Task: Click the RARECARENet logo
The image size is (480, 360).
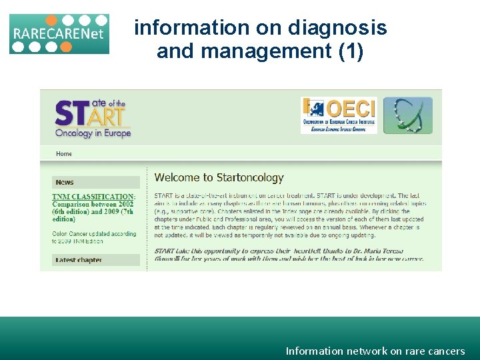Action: (59, 33)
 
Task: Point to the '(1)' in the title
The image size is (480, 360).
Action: (351, 51)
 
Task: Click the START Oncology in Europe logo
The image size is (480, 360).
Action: (93, 119)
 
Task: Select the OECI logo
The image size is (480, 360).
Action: (339, 115)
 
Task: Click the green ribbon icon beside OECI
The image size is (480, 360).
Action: (407, 115)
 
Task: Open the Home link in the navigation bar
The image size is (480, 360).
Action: (64, 154)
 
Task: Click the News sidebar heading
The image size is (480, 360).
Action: (65, 182)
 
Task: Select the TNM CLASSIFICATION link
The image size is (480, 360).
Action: (93, 197)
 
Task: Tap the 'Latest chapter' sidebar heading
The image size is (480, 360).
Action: (79, 260)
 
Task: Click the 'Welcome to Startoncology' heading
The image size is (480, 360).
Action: (219, 178)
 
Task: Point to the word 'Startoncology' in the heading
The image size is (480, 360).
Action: (250, 178)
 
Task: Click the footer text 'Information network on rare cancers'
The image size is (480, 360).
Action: (375, 351)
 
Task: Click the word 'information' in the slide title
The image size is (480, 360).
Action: (191, 28)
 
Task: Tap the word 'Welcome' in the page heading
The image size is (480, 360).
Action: (177, 178)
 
